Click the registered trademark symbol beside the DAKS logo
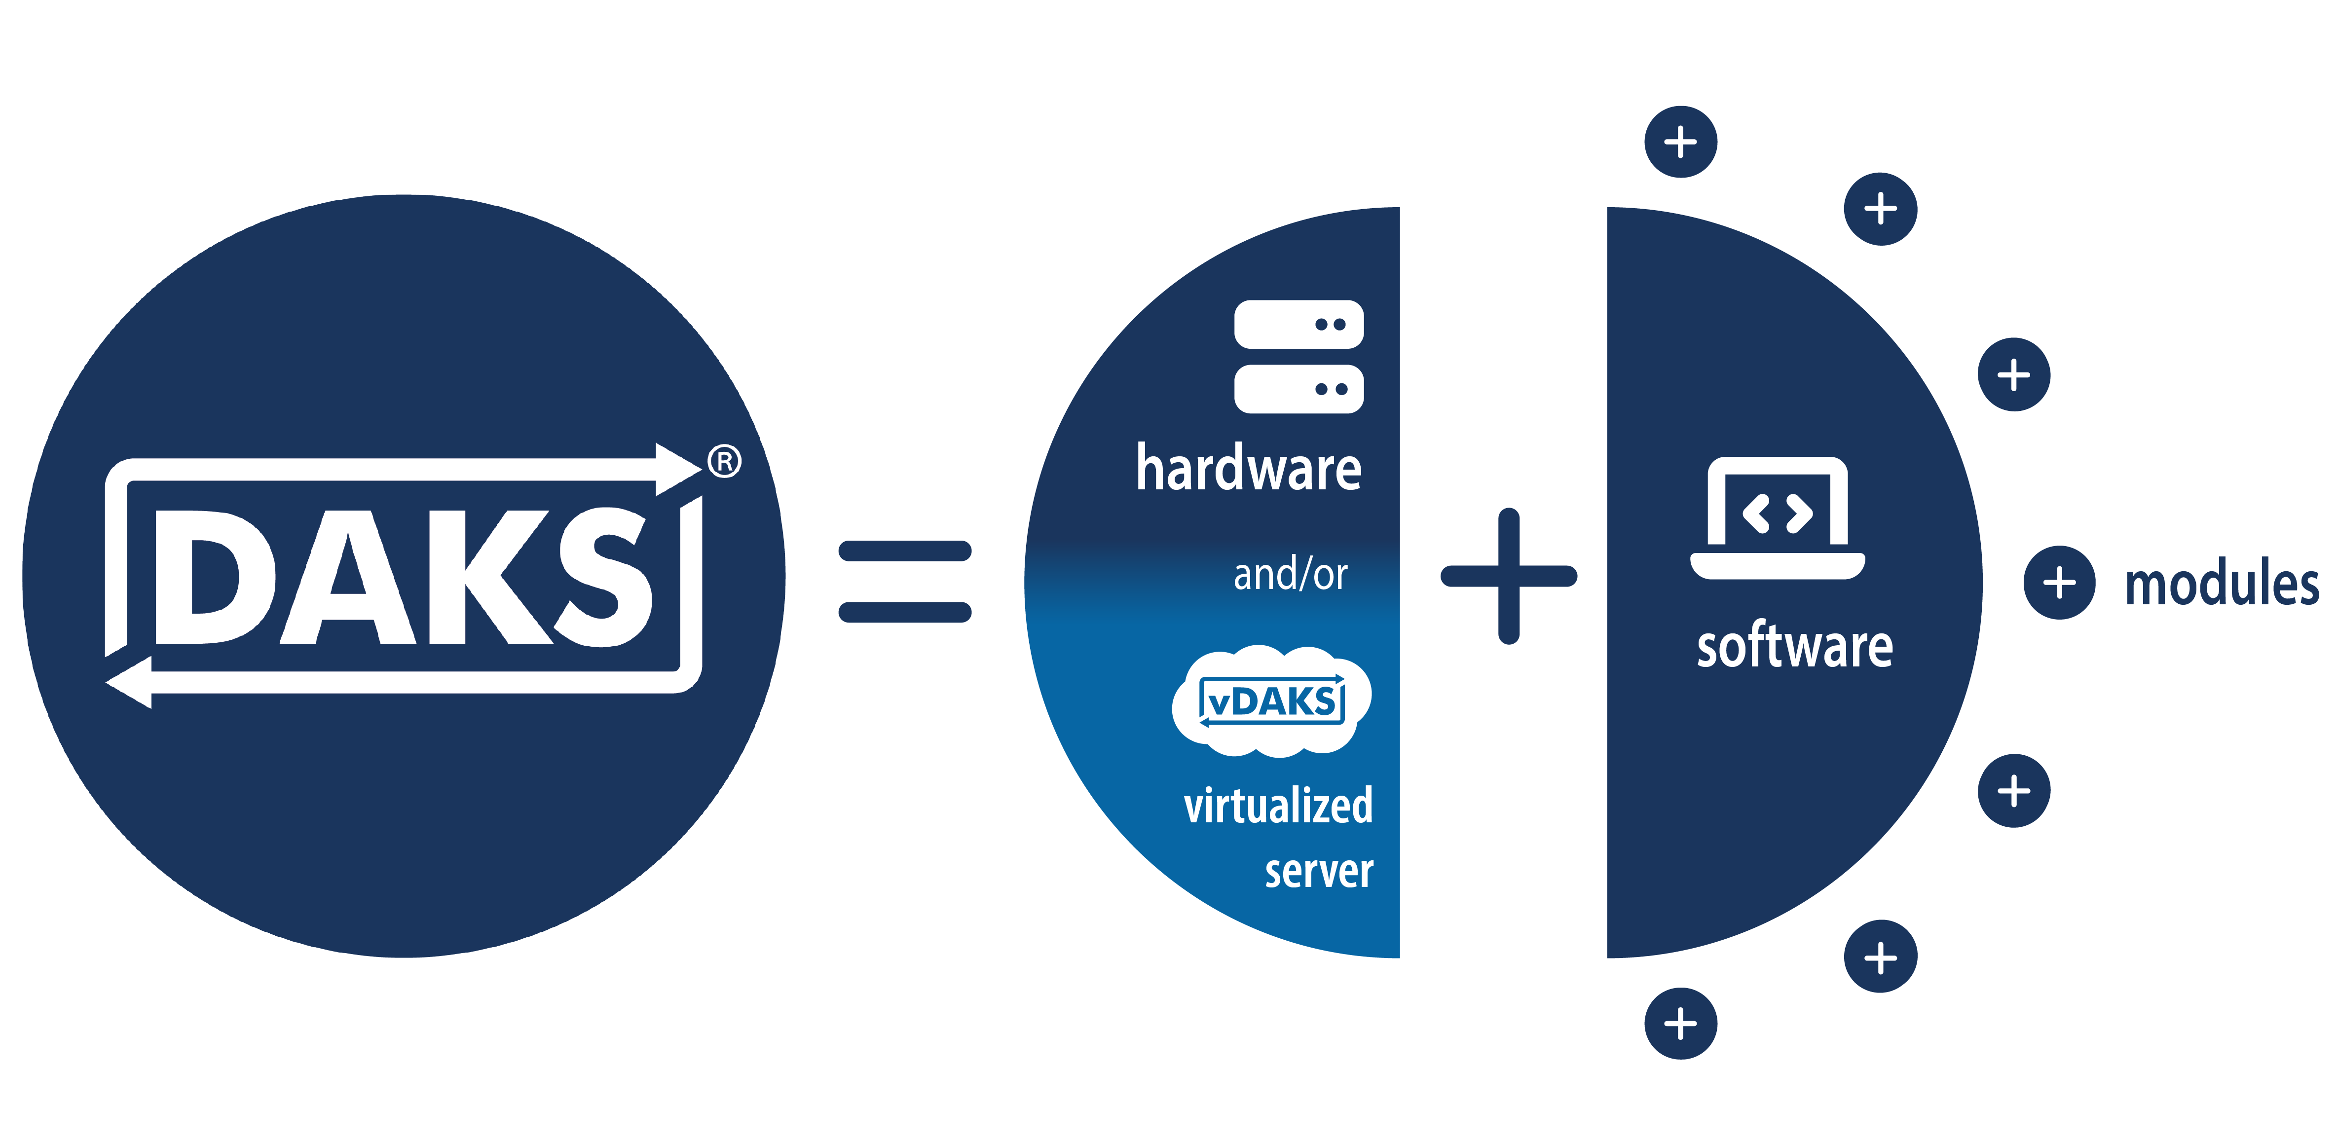click(x=724, y=462)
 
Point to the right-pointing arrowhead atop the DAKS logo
click(x=678, y=469)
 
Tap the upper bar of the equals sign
click(x=904, y=551)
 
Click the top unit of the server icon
click(x=1298, y=324)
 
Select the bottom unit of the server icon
click(x=1298, y=389)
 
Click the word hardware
click(x=1248, y=469)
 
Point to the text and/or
click(x=1290, y=574)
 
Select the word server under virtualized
click(x=1319, y=871)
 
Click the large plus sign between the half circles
click(x=1509, y=576)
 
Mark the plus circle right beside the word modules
click(x=2059, y=582)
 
